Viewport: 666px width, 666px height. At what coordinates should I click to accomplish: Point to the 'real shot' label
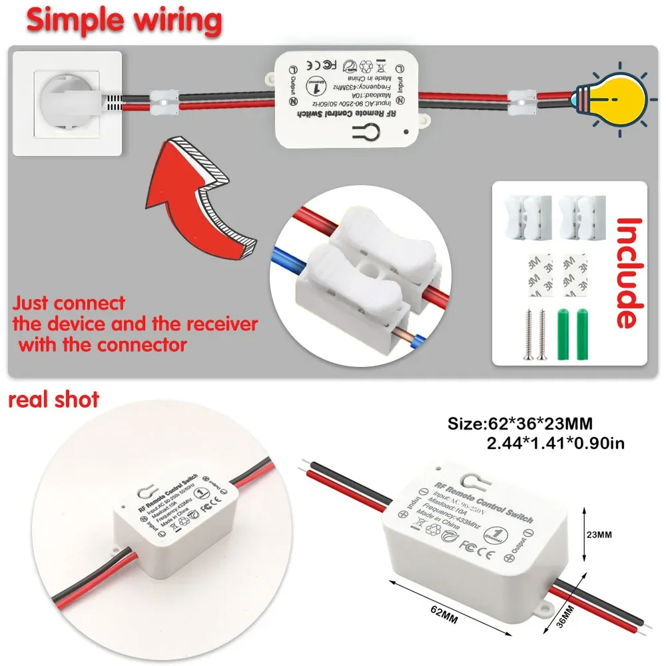(53, 400)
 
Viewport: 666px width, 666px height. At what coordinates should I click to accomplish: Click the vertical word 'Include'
(629, 273)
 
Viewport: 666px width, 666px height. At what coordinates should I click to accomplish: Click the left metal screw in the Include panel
(525, 334)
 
